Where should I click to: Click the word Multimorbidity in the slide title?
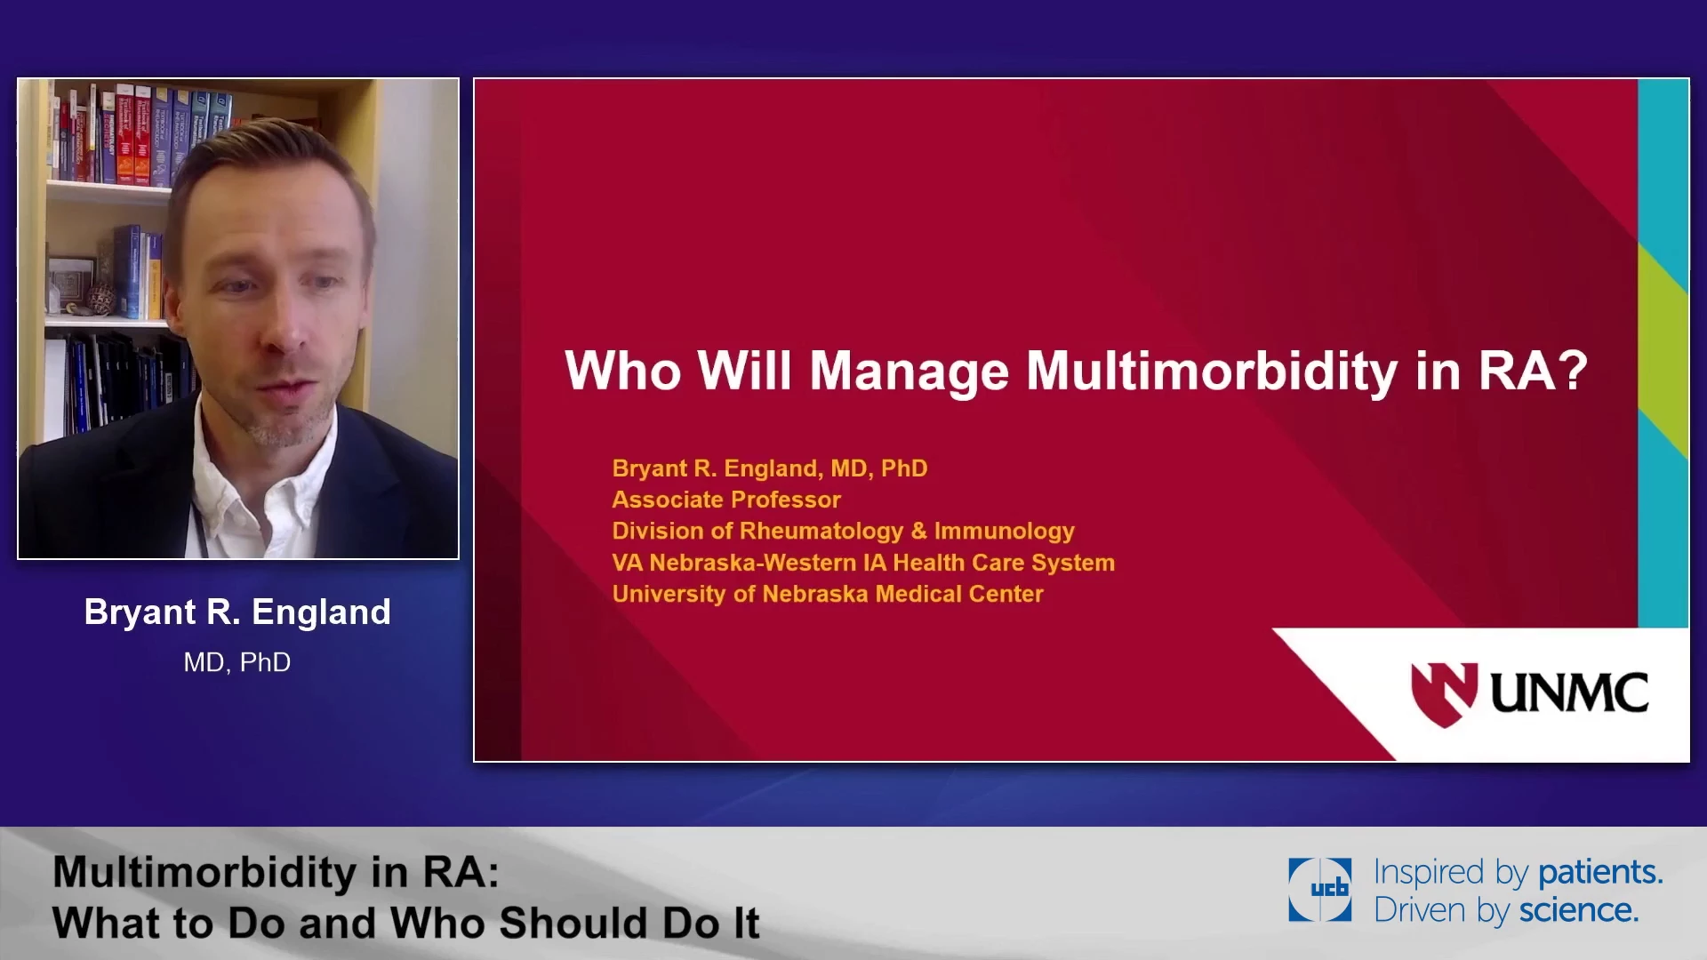[1212, 372]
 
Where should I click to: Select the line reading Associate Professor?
[726, 500]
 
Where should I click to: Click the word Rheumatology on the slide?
[821, 532]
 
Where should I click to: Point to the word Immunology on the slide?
[1004, 532]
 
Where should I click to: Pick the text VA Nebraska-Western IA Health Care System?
[863, 563]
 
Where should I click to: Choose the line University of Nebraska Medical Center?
[828, 594]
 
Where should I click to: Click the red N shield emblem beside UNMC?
[1444, 694]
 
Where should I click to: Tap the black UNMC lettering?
[1569, 693]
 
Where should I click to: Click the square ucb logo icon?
[1320, 889]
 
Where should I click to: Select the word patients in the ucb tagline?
[1599, 872]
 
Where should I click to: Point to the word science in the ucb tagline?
[1578, 910]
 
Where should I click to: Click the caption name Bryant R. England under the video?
[237, 612]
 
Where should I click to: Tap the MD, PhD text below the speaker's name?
[237, 662]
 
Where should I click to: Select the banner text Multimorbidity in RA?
[276, 872]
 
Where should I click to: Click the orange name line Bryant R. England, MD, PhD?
[770, 468]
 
